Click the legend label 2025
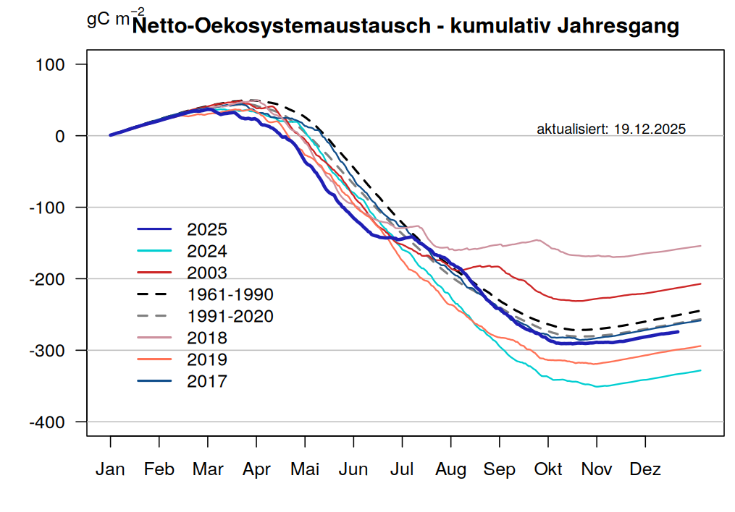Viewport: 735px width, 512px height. click(206, 230)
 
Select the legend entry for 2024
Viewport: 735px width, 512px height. click(206, 252)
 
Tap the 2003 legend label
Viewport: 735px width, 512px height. click(206, 273)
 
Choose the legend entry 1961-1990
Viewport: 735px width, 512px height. click(230, 295)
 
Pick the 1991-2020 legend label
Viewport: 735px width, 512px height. click(230, 317)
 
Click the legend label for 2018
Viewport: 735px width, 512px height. click(206, 338)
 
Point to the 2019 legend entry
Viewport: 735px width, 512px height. click(206, 360)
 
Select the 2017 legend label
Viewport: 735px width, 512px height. click(206, 382)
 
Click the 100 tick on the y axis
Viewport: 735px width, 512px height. click(50, 65)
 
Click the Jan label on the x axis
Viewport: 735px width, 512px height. click(110, 470)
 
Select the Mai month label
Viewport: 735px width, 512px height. click(305, 470)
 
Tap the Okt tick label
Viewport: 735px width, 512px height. click(548, 470)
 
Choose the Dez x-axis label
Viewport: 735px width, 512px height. click(645, 470)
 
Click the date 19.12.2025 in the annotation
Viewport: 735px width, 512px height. click(650, 129)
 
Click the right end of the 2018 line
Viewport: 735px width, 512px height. click(700, 246)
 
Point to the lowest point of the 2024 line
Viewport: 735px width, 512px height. click(597, 387)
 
